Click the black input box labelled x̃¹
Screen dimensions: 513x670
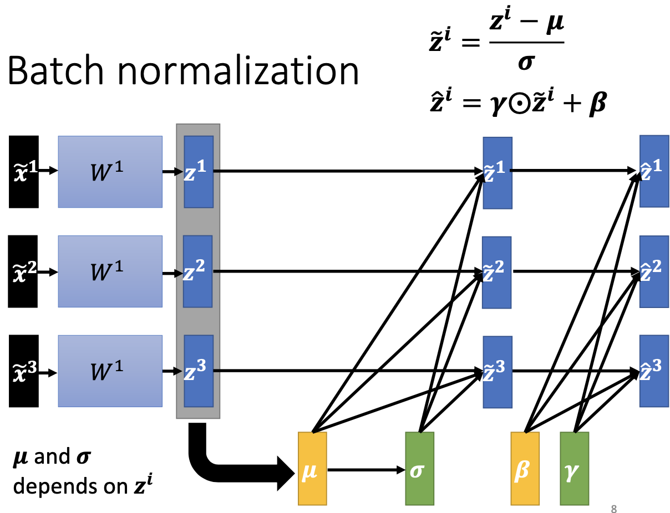pos(24,172)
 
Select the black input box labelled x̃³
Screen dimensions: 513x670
pos(24,371)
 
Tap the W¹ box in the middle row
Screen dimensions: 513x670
pos(110,271)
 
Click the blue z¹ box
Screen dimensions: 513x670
pos(199,172)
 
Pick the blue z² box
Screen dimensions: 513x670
pos(198,271)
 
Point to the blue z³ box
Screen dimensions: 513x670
pos(199,371)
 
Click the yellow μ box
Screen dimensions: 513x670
pos(312,469)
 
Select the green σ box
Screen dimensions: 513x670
pos(420,469)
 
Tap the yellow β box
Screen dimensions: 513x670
pos(525,469)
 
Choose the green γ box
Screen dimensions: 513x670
pos(575,469)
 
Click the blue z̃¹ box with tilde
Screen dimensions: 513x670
pos(497,173)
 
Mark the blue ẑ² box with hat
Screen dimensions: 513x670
pos(654,271)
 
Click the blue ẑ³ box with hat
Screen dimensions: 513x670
pos(654,371)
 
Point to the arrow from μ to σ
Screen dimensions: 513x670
pos(366,470)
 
